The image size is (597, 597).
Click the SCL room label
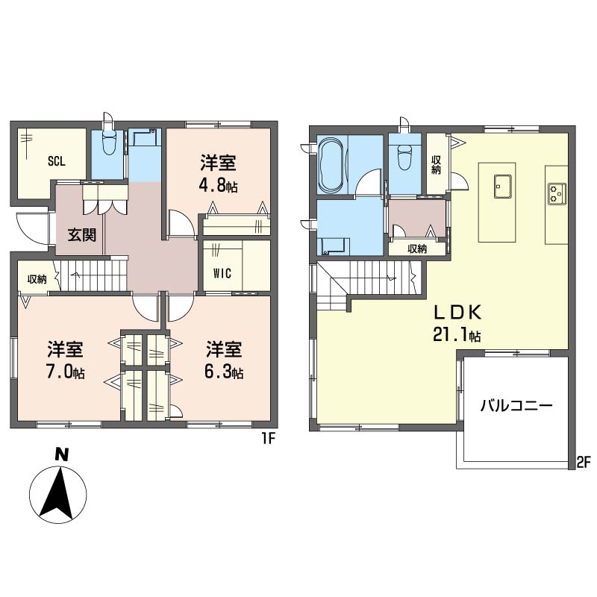click(x=57, y=161)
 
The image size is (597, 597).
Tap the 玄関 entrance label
click(x=81, y=235)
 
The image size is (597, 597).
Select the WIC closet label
click(x=222, y=273)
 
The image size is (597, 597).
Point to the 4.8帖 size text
click(x=218, y=186)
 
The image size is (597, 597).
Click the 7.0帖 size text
click(x=65, y=372)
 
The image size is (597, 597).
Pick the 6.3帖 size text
click(x=224, y=372)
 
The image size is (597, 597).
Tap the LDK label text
click(x=458, y=313)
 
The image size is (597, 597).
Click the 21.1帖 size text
click(x=457, y=335)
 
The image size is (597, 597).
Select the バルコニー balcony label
click(x=516, y=406)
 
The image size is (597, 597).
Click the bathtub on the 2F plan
click(x=331, y=166)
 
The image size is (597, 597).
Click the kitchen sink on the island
click(x=502, y=186)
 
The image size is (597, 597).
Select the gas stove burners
click(x=557, y=194)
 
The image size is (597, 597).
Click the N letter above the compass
click(x=61, y=455)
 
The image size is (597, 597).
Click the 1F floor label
click(x=267, y=439)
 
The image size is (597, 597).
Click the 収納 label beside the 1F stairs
click(x=37, y=279)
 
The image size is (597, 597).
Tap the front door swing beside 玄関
click(x=32, y=228)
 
